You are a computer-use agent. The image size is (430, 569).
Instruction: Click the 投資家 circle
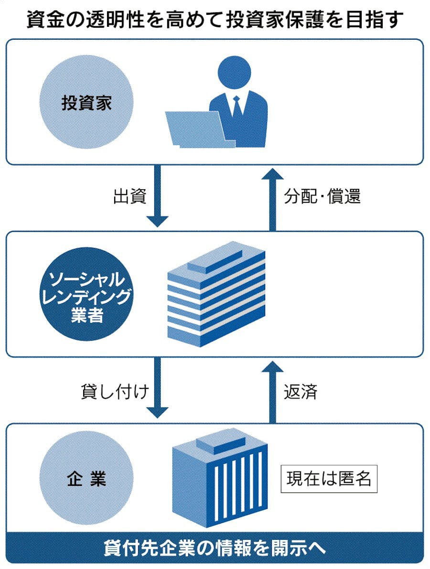coord(86,103)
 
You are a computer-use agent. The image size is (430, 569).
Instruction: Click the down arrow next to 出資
coord(157,196)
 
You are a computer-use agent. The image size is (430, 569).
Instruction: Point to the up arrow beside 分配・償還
coord(273,198)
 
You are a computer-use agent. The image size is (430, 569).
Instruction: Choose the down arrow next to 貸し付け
coord(157,387)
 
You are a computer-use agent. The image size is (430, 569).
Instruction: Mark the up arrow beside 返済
coord(273,389)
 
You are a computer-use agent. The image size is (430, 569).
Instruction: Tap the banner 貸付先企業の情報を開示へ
coord(215,548)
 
